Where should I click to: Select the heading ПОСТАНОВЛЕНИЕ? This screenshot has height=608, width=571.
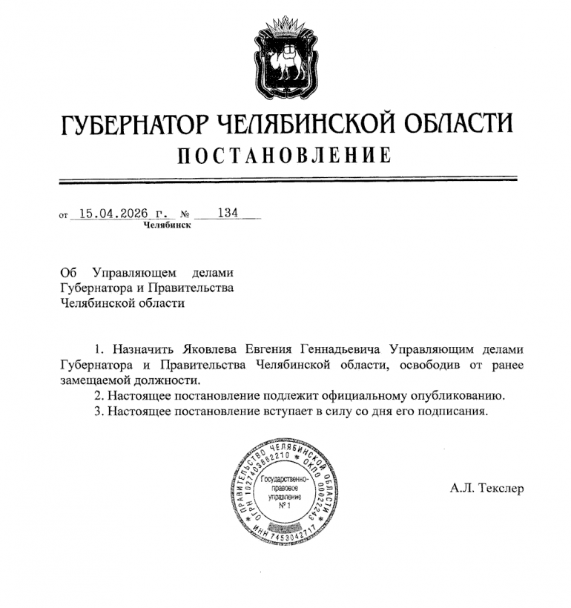point(285,156)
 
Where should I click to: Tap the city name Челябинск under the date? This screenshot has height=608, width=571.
point(167,225)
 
